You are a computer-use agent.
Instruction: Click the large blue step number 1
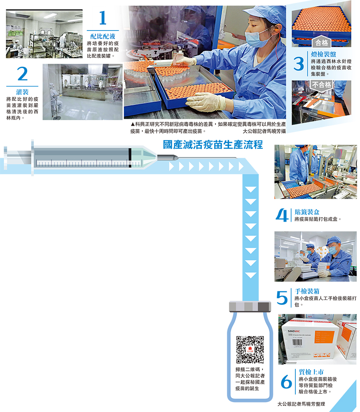point(103,18)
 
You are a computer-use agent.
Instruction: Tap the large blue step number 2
point(22,74)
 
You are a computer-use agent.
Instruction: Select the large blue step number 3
point(299,63)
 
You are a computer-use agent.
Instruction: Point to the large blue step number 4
point(282,215)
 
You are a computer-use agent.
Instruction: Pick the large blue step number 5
point(282,298)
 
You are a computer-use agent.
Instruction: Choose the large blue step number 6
point(286,382)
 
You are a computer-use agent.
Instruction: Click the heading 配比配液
point(103,36)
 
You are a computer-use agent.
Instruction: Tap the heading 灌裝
point(22,92)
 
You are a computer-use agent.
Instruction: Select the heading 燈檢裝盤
point(323,54)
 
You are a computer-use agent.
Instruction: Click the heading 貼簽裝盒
point(307,212)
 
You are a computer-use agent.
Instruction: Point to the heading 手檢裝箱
point(307,291)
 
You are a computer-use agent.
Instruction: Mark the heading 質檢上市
point(311,372)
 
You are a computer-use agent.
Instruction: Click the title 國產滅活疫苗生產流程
point(213,145)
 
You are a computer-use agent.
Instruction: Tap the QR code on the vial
point(250,349)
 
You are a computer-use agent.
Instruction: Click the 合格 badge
point(322,42)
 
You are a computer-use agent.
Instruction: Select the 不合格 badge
point(321,85)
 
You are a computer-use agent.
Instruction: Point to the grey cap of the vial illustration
point(250,307)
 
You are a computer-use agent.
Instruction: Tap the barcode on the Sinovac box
point(297,342)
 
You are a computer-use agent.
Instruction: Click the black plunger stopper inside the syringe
point(130,158)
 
